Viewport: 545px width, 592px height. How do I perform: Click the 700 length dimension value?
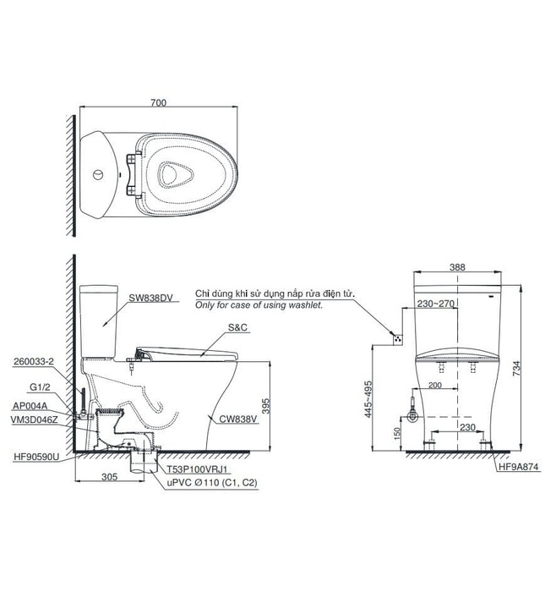(158, 102)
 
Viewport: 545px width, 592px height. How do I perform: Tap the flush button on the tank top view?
(98, 175)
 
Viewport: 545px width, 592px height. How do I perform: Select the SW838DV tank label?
(151, 298)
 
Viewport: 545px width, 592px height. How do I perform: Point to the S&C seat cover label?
(238, 327)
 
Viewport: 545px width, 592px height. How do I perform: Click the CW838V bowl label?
(238, 419)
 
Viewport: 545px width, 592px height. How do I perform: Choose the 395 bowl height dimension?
(266, 406)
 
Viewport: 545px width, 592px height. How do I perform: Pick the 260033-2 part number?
(34, 361)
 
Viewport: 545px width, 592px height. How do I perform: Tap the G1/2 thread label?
(40, 387)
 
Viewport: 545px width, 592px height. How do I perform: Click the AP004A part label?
(30, 406)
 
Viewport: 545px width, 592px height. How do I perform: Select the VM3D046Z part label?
(35, 419)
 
